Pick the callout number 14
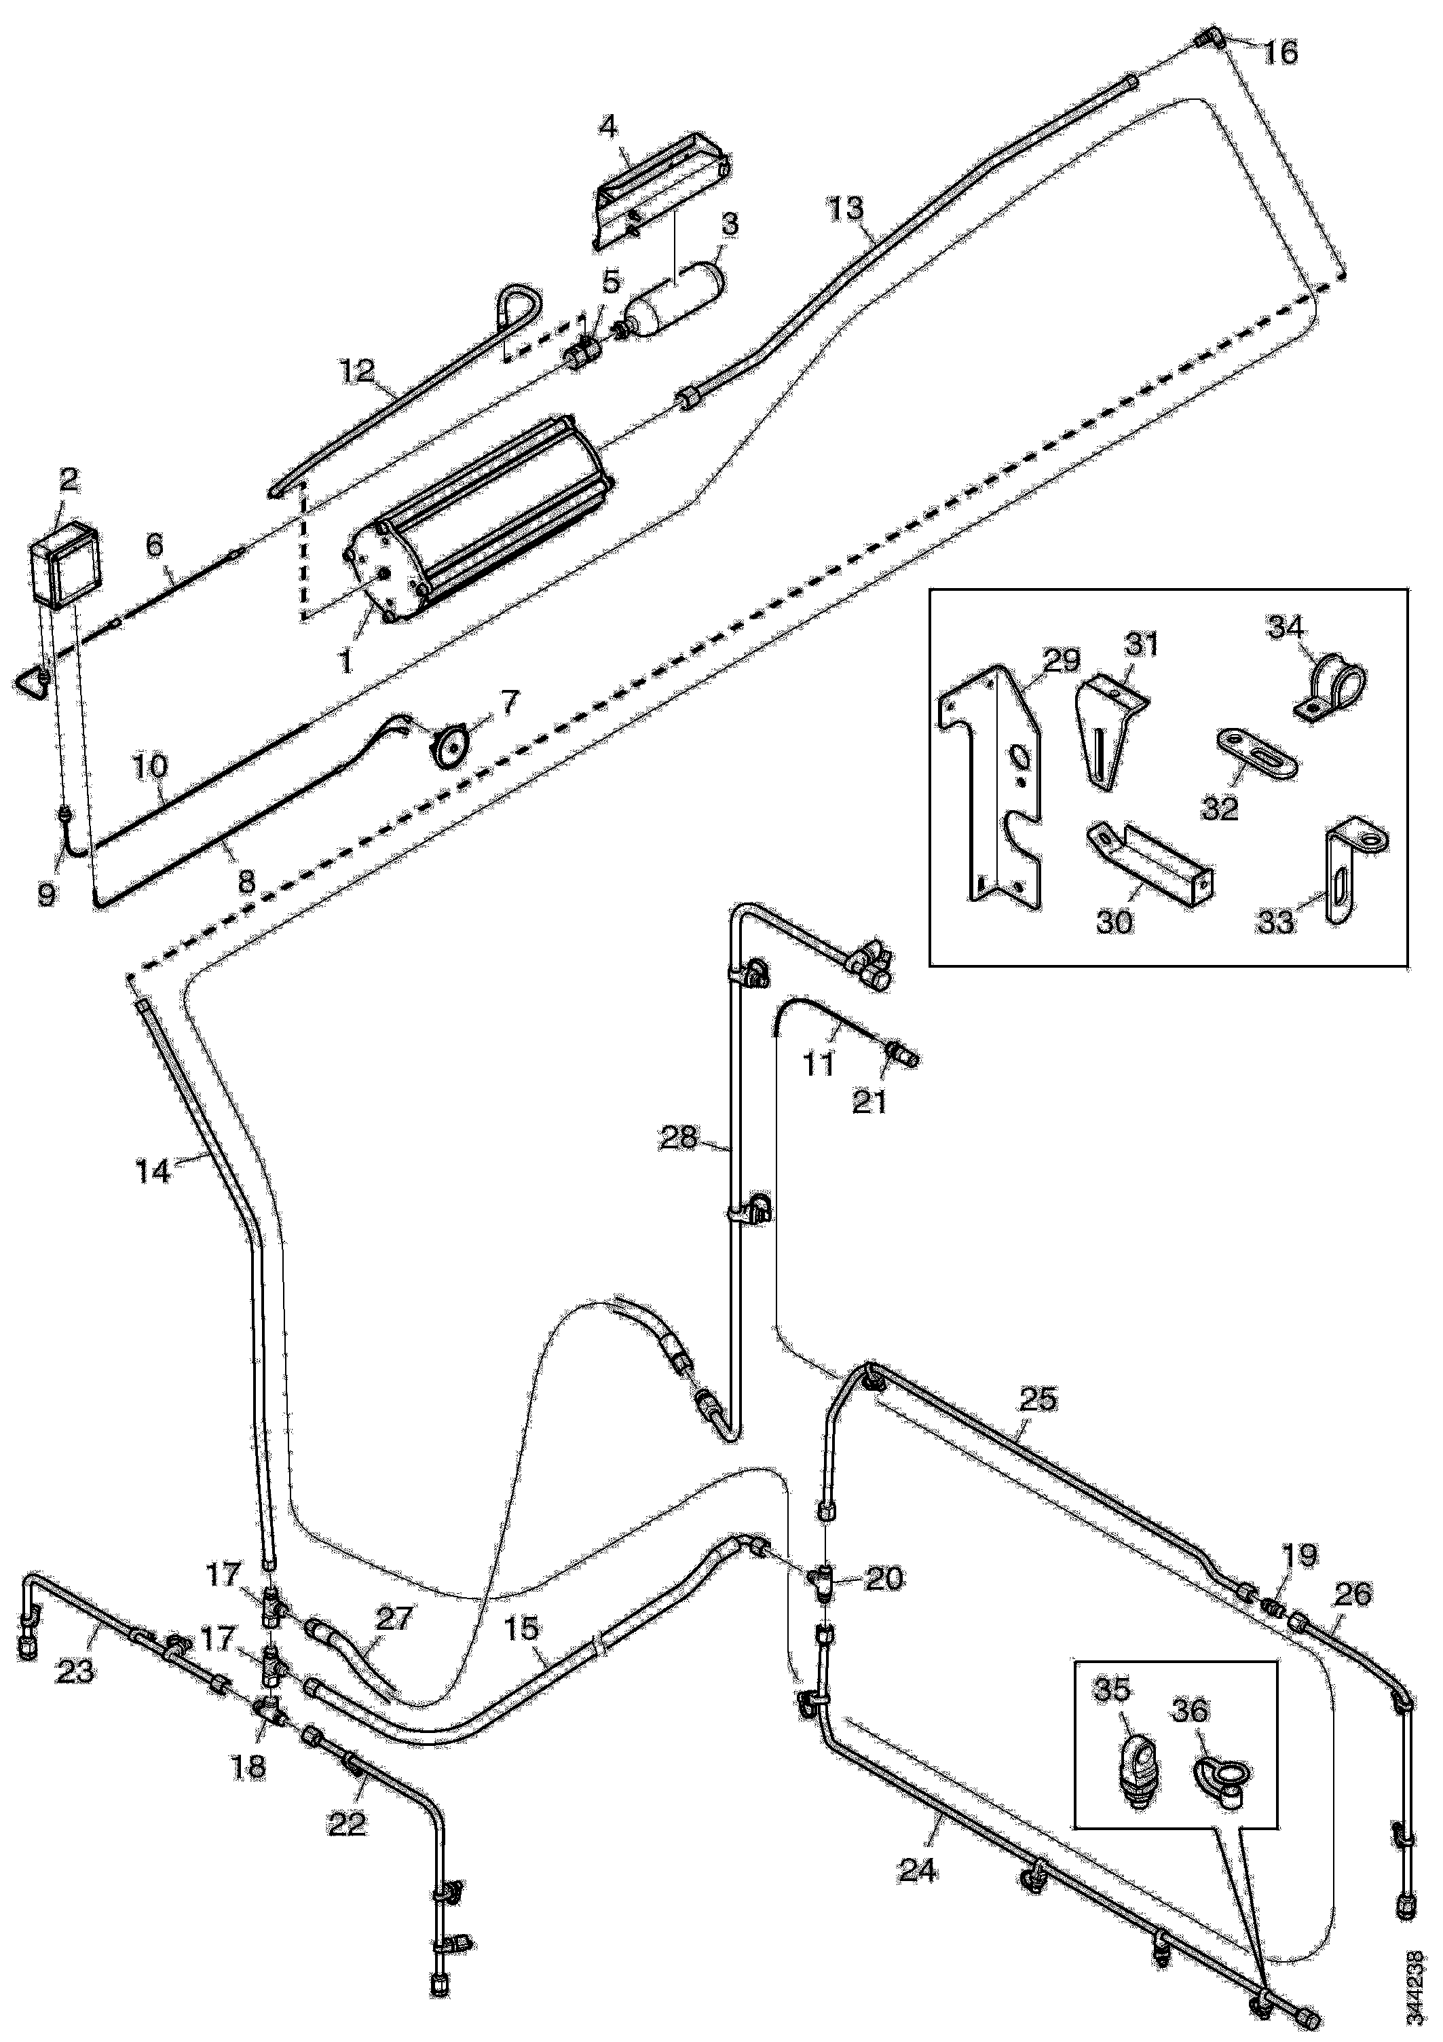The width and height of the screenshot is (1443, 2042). (152, 1171)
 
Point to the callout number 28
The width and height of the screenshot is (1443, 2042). (679, 1138)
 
